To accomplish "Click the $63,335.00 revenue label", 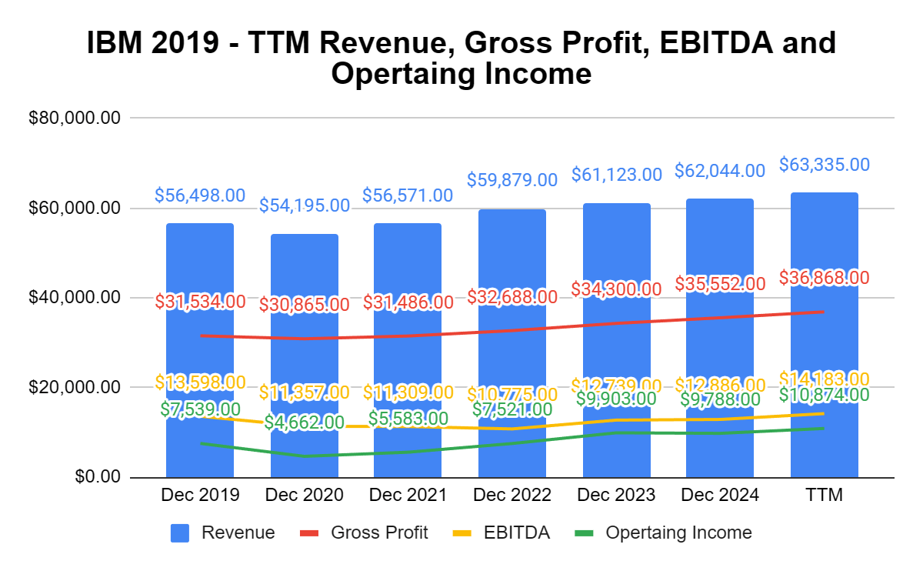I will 824,165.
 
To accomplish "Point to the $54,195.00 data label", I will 304,205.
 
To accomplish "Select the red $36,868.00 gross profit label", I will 824,277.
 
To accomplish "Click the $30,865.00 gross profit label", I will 304,304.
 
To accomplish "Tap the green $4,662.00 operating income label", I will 304,422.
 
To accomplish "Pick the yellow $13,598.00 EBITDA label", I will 200,382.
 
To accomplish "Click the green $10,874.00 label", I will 824,395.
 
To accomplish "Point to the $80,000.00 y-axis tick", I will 74,119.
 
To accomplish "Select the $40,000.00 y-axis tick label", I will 74,298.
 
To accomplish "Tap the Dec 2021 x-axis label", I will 408,496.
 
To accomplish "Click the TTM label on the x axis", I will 824,496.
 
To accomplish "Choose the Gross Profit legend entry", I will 379,533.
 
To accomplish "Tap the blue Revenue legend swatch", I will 180,533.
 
